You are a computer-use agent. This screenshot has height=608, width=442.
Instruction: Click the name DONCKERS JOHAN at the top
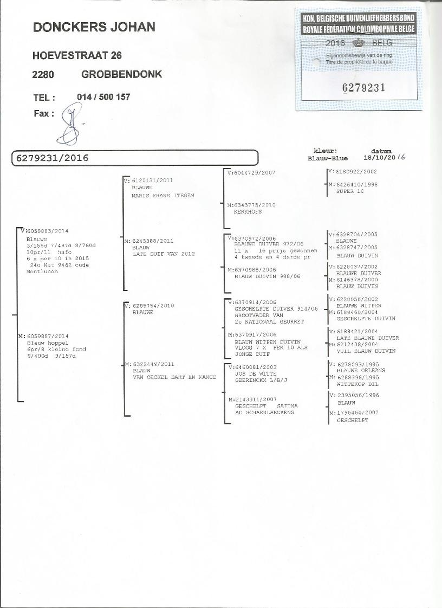point(94,27)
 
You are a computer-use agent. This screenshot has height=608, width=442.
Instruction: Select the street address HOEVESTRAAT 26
point(77,55)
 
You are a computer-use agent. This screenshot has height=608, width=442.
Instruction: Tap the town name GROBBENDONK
point(121,74)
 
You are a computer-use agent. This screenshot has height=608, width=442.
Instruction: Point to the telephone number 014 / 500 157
point(103,97)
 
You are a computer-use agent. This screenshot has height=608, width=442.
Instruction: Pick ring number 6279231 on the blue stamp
point(363,88)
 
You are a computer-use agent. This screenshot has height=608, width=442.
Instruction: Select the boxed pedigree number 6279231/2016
point(52,158)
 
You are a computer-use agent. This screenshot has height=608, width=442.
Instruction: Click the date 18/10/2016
point(385,158)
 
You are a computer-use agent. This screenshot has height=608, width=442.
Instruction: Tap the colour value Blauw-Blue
point(327,159)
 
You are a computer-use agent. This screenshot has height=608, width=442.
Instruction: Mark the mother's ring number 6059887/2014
point(48,337)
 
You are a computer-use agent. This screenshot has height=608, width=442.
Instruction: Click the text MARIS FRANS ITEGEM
point(162,195)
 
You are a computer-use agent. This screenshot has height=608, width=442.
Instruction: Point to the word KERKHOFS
point(248,212)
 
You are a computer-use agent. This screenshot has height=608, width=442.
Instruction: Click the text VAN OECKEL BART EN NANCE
point(174,377)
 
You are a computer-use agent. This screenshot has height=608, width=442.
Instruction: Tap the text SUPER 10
point(350,191)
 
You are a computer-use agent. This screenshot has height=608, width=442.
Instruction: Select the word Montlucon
point(42,271)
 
